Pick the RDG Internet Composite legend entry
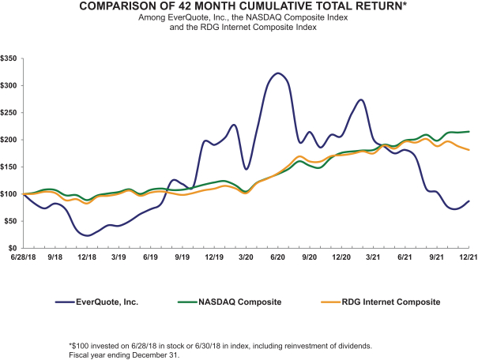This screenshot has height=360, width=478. pyautogui.click(x=389, y=301)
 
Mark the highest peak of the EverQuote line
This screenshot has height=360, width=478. pyautogui.click(x=277, y=73)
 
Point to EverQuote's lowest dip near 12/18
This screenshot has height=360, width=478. pyautogui.click(x=88, y=235)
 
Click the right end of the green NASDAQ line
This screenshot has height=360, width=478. pyautogui.click(x=469, y=131)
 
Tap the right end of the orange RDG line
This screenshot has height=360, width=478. pyautogui.click(x=469, y=150)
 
